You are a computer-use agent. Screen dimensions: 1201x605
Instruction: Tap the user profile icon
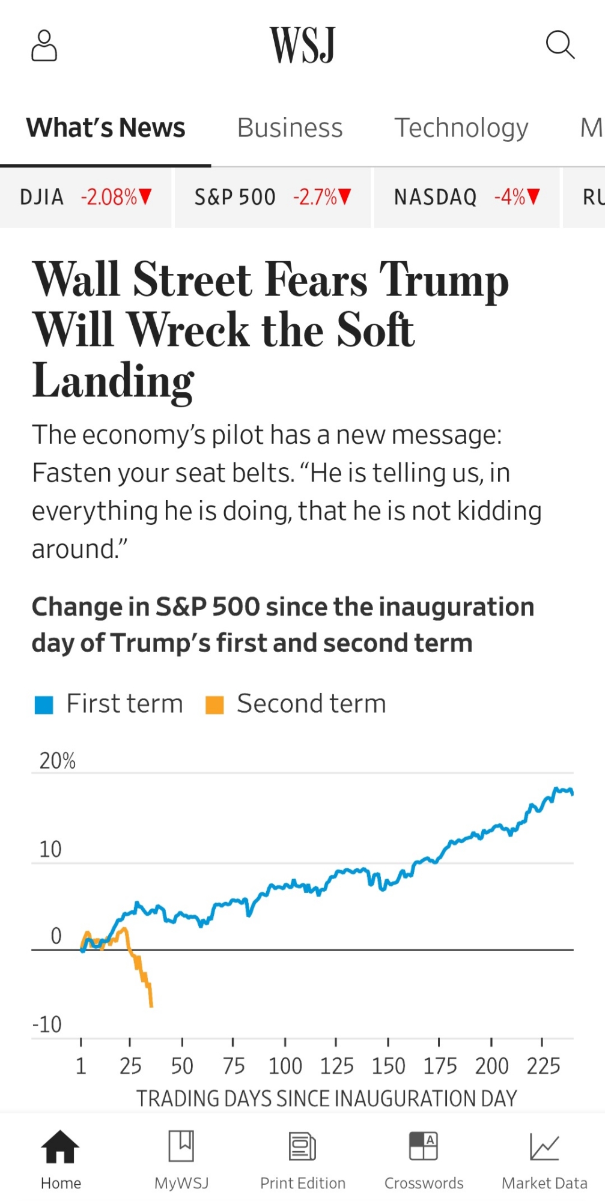44,46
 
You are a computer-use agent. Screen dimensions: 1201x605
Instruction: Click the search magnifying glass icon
560,45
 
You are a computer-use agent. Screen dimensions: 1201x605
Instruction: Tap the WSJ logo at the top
302,45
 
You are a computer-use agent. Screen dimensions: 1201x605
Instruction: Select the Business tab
290,128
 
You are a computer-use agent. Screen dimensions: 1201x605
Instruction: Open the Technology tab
461,128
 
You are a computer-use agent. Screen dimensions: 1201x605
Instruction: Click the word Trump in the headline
444,280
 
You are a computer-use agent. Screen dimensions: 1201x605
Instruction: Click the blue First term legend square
44,704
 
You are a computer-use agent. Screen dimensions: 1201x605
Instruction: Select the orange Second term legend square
214,704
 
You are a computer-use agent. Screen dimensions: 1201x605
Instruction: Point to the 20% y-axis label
58,761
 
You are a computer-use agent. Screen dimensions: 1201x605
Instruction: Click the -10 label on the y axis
47,1024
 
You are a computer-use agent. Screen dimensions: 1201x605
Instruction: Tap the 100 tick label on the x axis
285,1066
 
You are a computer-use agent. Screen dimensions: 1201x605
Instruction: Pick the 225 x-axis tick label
543,1066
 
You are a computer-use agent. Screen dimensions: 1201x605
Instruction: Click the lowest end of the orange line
151,1005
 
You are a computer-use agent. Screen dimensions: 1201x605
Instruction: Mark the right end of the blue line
572,793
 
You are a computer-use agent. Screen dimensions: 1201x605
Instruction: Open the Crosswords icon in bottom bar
424,1146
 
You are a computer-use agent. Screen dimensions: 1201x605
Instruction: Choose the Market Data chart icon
544,1146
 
